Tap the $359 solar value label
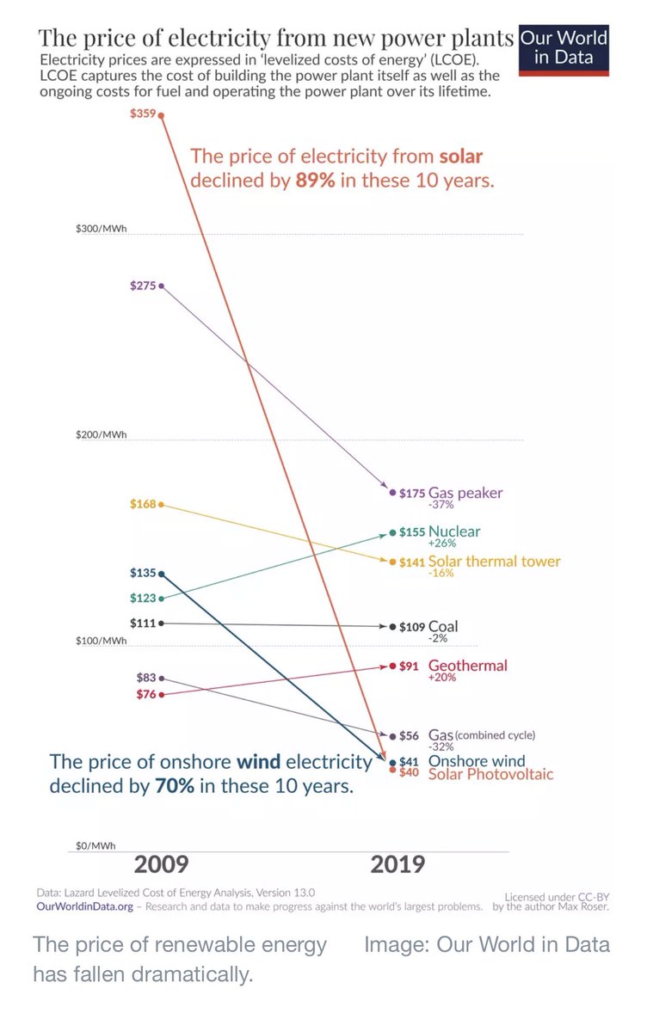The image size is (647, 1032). [x=143, y=114]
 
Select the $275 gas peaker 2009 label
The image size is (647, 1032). [x=143, y=286]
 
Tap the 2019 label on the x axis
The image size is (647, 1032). [x=397, y=864]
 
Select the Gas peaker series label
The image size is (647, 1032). [x=465, y=493]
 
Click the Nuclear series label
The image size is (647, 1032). [x=454, y=531]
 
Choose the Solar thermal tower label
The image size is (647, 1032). [x=494, y=562]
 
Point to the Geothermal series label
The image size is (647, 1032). [x=467, y=665]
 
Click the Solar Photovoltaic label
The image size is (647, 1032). [x=490, y=774]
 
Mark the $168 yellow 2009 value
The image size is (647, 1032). [x=143, y=504]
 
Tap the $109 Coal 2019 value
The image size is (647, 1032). [x=412, y=627]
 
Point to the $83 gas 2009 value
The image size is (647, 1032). [x=145, y=679]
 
